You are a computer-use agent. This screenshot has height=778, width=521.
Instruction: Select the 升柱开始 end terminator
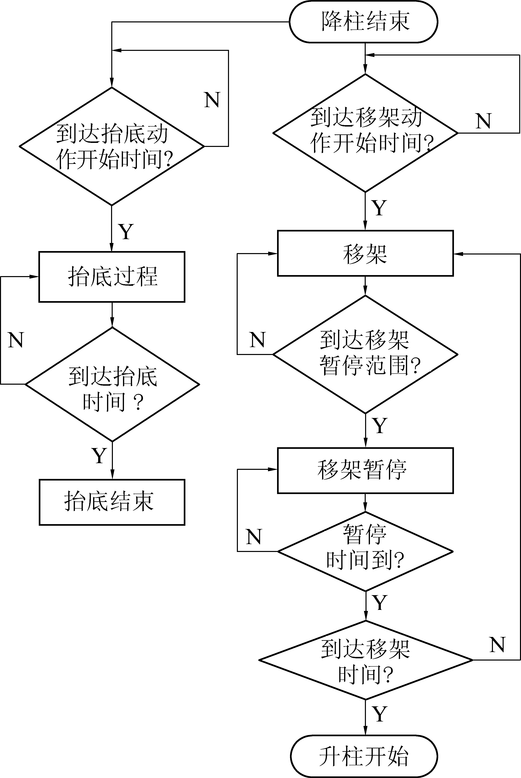(x=364, y=756)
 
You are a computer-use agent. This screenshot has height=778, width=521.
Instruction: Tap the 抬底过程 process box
(x=112, y=277)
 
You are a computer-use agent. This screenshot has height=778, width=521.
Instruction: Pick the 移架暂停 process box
(x=365, y=470)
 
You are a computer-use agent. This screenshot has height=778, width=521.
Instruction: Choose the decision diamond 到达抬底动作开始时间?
(x=112, y=146)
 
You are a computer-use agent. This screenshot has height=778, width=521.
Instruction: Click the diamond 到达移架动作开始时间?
(x=365, y=133)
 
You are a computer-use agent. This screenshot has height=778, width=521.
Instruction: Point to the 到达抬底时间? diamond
(x=112, y=384)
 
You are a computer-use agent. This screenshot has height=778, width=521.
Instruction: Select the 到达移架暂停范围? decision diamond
(x=365, y=354)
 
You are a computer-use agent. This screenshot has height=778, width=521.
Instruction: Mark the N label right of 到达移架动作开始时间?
(x=483, y=121)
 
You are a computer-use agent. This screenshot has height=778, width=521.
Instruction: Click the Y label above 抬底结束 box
(x=99, y=455)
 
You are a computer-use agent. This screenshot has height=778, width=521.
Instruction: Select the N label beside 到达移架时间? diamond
(x=497, y=645)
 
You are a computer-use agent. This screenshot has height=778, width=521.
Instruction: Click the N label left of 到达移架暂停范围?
(x=257, y=340)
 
